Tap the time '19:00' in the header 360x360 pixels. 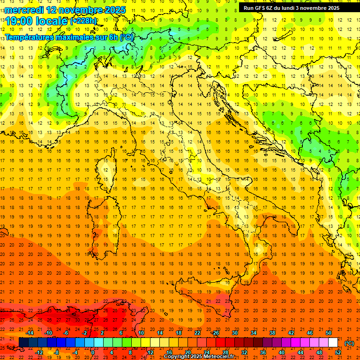tap(19, 21)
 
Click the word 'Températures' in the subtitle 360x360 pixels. tap(30, 37)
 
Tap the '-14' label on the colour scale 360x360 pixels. tap(30, 333)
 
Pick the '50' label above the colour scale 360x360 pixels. tap(329, 333)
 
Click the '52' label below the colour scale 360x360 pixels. tap(338, 352)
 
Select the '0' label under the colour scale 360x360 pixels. tap(93, 352)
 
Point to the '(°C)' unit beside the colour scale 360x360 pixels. tap(349, 343)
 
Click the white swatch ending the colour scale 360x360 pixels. tap(333, 343)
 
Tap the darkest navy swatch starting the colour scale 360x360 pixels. tap(23, 343)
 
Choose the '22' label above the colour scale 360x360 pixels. tap(197, 333)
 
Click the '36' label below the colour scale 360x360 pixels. tap(263, 352)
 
